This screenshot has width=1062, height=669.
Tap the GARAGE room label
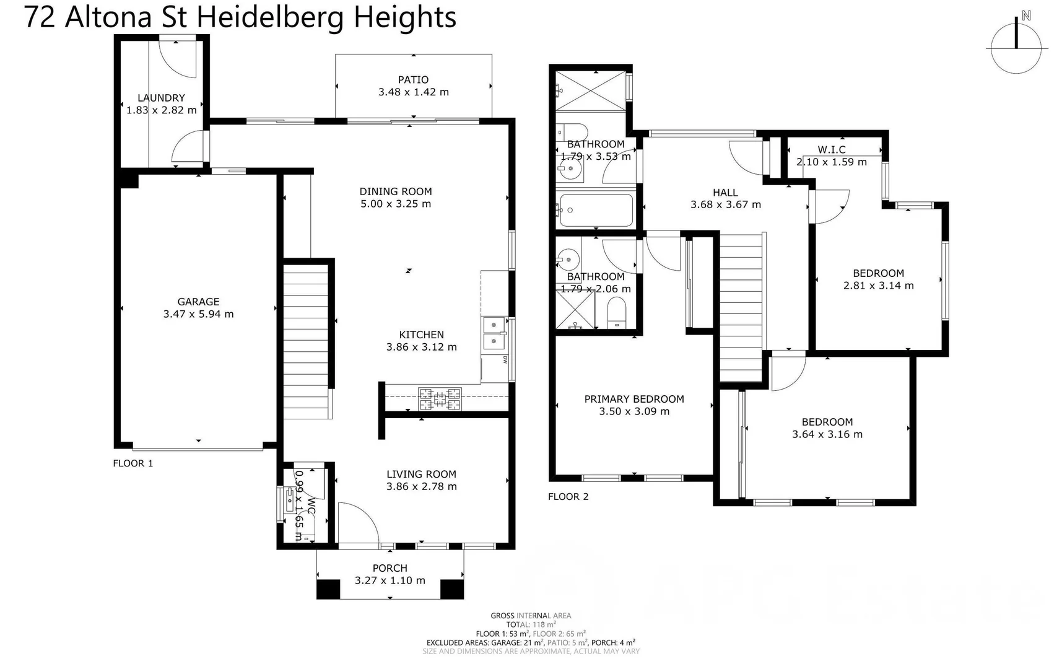[x=198, y=302]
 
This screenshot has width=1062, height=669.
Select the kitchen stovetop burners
[x=440, y=399]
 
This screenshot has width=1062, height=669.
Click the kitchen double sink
[x=494, y=333]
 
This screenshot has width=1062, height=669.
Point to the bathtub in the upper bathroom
[x=595, y=211]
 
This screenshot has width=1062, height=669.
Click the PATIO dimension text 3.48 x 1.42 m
[x=413, y=92]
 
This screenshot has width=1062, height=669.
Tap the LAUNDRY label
[x=161, y=98]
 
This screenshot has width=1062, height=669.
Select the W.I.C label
[x=831, y=150]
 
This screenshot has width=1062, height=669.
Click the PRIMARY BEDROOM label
[x=633, y=400]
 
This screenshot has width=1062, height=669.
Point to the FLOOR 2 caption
[x=568, y=497]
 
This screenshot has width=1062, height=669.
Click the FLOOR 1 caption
[x=133, y=463]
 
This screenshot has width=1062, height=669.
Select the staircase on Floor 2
[x=741, y=307]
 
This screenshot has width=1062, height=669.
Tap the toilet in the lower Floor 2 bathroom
[x=617, y=312]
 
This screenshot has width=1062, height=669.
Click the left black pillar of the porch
[x=328, y=589]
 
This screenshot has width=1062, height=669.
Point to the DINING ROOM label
[x=395, y=192]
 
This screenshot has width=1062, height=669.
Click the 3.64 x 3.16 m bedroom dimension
[x=827, y=435]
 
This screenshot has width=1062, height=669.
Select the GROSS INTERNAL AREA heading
[x=531, y=616]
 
